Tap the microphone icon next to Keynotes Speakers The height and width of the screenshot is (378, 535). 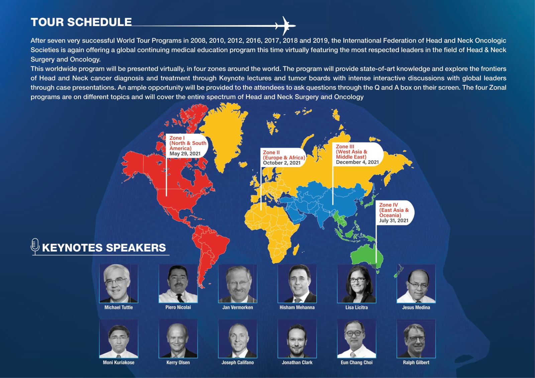[x=35, y=246]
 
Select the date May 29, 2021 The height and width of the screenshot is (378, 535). [x=185, y=154]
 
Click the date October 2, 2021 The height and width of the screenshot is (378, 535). [x=282, y=163]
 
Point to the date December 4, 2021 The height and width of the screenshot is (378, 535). [x=357, y=162]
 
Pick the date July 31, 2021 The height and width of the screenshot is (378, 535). [x=394, y=220]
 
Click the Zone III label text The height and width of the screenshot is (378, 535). [x=345, y=146]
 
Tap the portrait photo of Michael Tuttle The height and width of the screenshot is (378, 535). [x=118, y=283]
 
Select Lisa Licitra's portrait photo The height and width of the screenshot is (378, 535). [x=356, y=283]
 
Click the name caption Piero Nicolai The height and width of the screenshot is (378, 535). [x=178, y=307]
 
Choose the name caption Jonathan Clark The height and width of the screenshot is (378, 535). [x=297, y=363]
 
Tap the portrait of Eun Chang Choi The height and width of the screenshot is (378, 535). [x=356, y=339]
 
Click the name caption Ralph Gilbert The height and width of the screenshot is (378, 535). [x=416, y=363]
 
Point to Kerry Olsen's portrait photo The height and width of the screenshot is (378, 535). [x=178, y=339]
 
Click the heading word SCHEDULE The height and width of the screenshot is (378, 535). [x=99, y=22]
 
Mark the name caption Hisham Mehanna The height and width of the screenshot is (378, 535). [x=297, y=307]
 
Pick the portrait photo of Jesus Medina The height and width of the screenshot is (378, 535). [x=416, y=283]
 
